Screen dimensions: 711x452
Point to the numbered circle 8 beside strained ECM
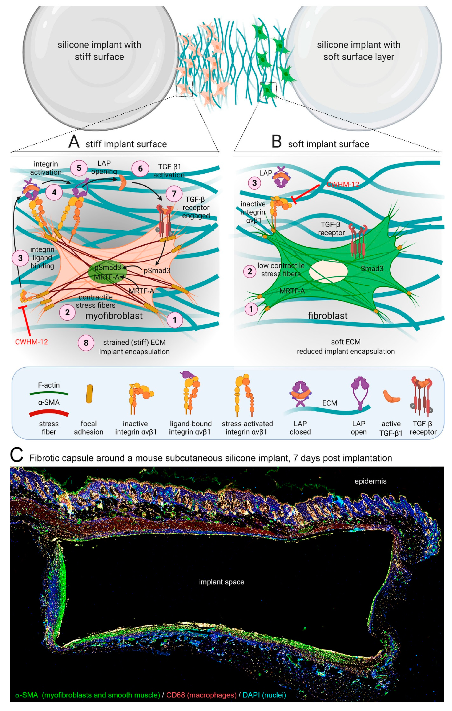86,343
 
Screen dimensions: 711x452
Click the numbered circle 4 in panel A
54,193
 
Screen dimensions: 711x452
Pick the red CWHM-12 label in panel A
31,342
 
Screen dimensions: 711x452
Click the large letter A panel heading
74,141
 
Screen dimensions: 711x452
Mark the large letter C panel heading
17,455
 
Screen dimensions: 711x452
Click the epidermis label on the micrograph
370,481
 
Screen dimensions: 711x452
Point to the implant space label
221,582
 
